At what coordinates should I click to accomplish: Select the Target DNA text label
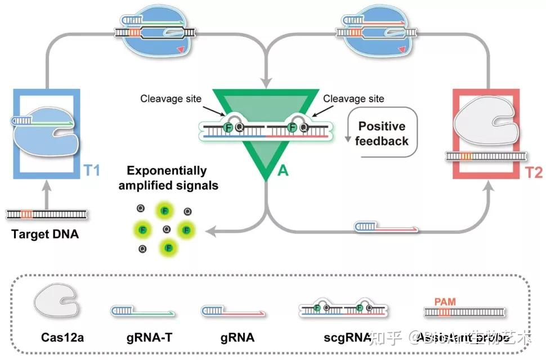click(45, 234)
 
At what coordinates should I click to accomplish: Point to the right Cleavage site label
click(353, 99)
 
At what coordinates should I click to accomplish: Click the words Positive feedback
click(382, 134)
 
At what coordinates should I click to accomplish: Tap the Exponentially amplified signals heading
click(167, 178)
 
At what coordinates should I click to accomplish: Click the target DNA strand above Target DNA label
click(47, 214)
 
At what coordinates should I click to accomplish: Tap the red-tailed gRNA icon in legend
click(233, 310)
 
